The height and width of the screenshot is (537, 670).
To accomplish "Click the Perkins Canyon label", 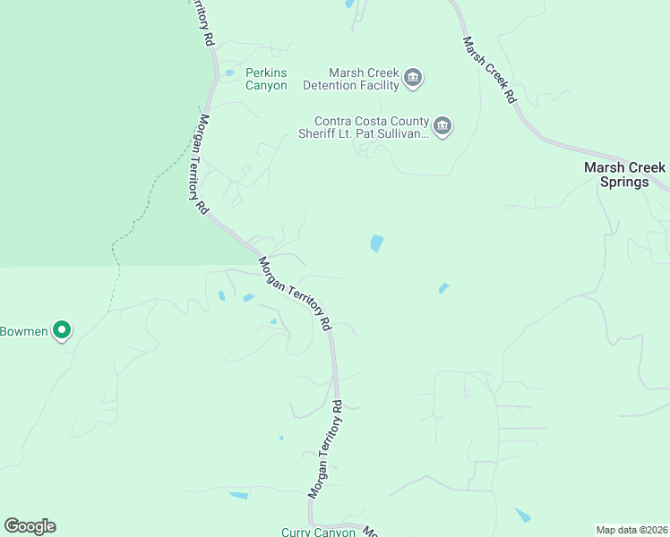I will pyautogui.click(x=266, y=79).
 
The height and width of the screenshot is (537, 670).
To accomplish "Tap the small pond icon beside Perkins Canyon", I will pyautogui.click(x=230, y=72).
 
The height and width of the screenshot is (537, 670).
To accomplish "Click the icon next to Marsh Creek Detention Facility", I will pyautogui.click(x=413, y=78).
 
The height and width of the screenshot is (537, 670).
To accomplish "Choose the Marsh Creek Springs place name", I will pyautogui.click(x=624, y=175).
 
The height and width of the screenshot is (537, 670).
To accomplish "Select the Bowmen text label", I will pyautogui.click(x=23, y=331).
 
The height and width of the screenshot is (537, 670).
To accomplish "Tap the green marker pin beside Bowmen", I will pyautogui.click(x=61, y=331).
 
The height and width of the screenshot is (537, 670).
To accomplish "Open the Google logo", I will pyautogui.click(x=30, y=526).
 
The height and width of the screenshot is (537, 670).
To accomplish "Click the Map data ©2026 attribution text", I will pyautogui.click(x=631, y=530).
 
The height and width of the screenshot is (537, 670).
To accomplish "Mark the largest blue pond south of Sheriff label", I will pyautogui.click(x=377, y=243).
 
